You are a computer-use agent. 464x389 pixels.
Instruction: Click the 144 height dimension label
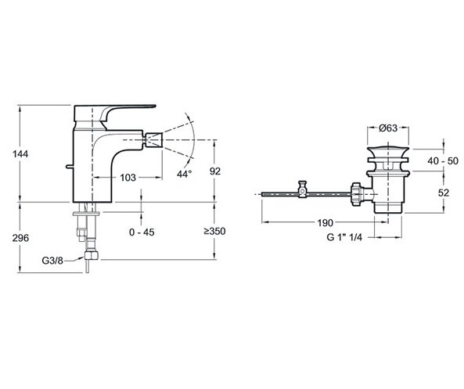(x=20, y=154)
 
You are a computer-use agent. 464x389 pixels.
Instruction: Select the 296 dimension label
(x=20, y=238)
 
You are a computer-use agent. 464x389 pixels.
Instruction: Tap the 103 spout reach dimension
(x=128, y=178)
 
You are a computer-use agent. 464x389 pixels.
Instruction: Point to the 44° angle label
(x=185, y=174)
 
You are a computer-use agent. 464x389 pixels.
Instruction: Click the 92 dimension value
(x=215, y=171)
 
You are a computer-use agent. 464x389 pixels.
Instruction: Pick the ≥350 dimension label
(x=215, y=231)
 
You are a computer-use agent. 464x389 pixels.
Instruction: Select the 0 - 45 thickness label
(x=142, y=232)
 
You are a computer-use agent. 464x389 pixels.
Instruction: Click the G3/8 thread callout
(x=52, y=261)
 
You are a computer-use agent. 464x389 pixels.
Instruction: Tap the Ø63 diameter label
(x=388, y=128)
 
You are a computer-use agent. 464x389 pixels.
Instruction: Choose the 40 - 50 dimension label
(x=443, y=161)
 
